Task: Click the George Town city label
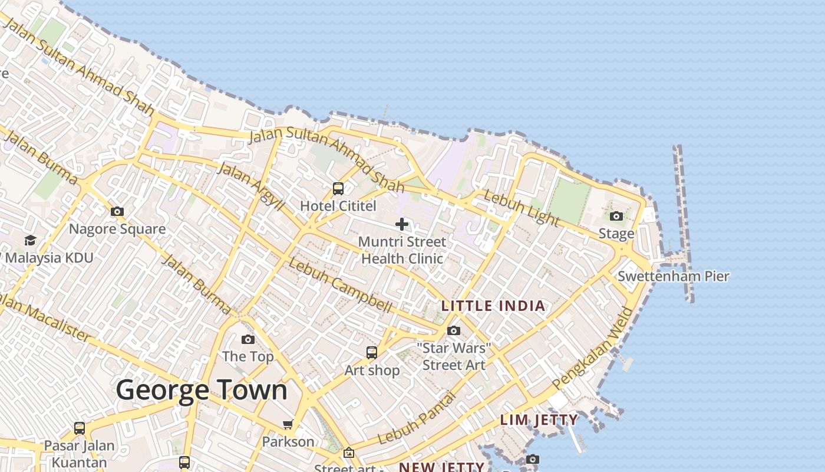(202, 391)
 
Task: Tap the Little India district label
(493, 306)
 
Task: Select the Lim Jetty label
(539, 420)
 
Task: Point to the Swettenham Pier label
(674, 276)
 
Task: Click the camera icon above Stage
(616, 217)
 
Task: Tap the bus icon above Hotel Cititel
(338, 189)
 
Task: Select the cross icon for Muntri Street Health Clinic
(402, 224)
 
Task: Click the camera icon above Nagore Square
(117, 211)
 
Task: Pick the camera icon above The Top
(248, 339)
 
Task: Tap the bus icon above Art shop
(372, 353)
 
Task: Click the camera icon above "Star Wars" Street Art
(454, 330)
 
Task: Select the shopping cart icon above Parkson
(288, 425)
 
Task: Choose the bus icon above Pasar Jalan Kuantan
(80, 428)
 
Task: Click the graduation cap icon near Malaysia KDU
(30, 240)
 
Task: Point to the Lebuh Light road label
(521, 208)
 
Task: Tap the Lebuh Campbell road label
(341, 286)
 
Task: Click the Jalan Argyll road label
(250, 185)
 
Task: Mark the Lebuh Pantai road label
(417, 419)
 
